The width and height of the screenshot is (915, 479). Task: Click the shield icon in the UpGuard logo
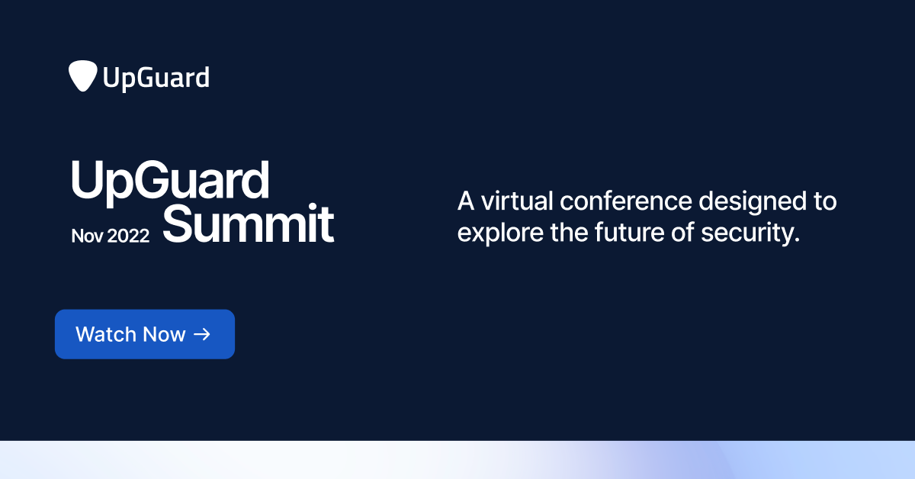[x=82, y=76]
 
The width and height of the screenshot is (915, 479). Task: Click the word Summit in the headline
[x=249, y=223]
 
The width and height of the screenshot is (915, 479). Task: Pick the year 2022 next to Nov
[x=128, y=236]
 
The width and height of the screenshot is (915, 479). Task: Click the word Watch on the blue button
[x=105, y=334]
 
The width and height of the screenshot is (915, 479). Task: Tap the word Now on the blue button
[x=163, y=334]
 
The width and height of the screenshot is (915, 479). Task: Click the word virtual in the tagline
[x=517, y=201]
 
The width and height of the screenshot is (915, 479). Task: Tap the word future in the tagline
[x=636, y=232]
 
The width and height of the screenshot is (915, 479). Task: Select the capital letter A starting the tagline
[x=465, y=201]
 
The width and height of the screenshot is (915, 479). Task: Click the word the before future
[x=569, y=232]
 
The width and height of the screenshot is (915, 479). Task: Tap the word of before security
[x=697, y=232]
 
